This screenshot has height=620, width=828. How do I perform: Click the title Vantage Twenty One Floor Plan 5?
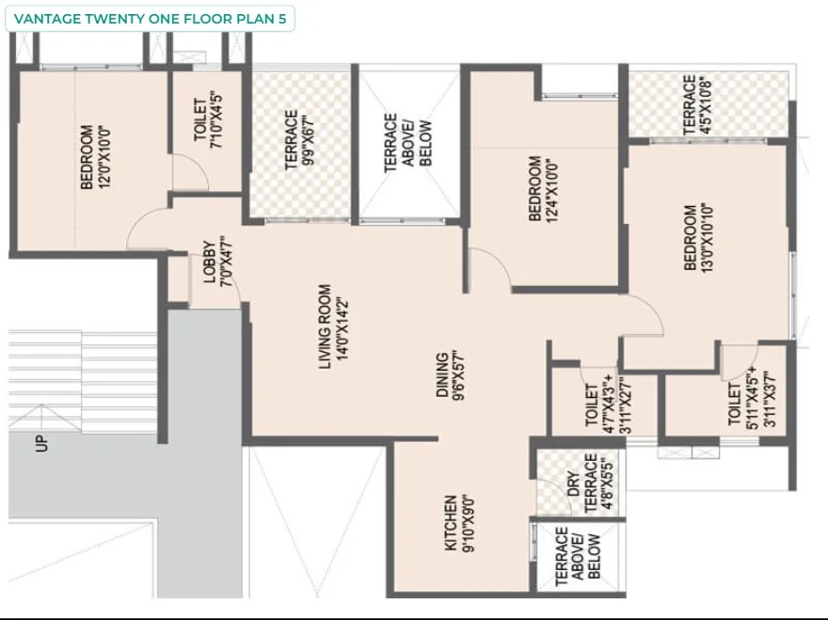click(150, 19)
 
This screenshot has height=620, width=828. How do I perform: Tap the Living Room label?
click(334, 326)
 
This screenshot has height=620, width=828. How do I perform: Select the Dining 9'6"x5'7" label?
click(450, 375)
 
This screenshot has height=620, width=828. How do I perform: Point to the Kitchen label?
click(459, 523)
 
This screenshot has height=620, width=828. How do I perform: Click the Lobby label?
click(217, 262)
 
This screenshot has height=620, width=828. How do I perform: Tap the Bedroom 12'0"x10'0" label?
click(95, 157)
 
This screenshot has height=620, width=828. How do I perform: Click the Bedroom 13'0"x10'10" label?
click(698, 237)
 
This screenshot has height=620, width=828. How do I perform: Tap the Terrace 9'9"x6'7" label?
click(299, 139)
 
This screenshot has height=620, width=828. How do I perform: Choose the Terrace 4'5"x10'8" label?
click(697, 104)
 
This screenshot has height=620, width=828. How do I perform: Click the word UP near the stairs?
click(40, 444)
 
